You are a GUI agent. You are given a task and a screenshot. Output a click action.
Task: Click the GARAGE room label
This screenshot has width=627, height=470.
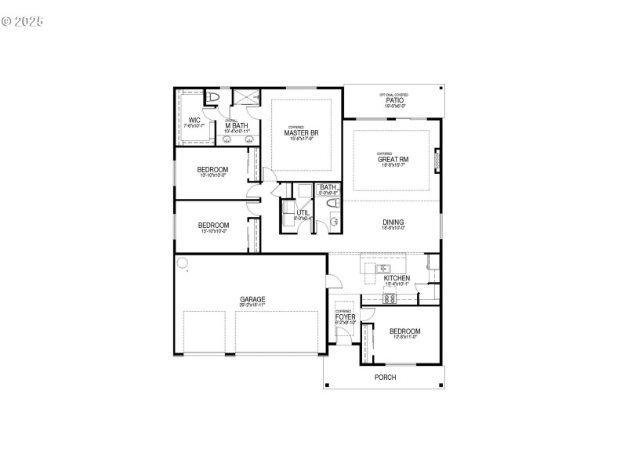point(252,298)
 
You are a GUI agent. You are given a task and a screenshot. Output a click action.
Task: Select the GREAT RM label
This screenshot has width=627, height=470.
point(393,159)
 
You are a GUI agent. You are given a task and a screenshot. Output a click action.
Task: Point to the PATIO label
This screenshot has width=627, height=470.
point(393,100)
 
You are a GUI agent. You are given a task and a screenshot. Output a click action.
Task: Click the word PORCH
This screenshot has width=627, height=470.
point(385,378)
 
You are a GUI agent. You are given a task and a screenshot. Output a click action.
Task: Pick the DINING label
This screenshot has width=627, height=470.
point(393,222)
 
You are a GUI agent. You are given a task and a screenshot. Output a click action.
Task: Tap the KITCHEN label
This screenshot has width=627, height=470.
point(397,278)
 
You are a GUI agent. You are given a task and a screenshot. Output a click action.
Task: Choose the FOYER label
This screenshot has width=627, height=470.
point(346,316)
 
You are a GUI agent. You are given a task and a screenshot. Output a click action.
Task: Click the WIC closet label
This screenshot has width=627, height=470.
point(194,120)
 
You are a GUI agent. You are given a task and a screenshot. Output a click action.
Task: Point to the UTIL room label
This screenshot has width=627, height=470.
point(302,212)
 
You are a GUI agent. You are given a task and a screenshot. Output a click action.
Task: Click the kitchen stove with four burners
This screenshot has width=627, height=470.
point(390,298)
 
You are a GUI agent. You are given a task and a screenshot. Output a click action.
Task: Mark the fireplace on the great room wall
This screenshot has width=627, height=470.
point(437,161)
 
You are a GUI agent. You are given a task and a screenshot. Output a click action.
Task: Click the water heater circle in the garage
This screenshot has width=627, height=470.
point(183,263)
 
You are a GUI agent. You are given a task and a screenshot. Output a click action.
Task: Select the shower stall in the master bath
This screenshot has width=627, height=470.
point(246,97)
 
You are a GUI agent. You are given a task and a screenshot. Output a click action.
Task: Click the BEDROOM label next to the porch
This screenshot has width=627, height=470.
point(404,331)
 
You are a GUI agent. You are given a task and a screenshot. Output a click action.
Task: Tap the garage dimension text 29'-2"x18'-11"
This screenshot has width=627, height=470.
point(252,305)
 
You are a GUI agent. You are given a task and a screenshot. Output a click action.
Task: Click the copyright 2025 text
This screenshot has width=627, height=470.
point(22,21)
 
